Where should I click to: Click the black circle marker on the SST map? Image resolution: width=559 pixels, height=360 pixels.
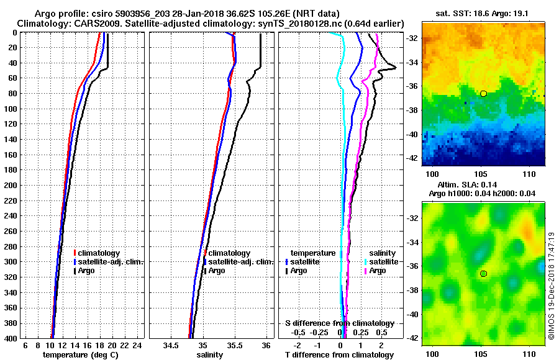click(483, 93)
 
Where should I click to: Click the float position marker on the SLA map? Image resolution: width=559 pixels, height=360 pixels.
click(483, 273)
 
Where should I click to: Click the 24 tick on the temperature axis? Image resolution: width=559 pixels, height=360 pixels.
click(138, 345)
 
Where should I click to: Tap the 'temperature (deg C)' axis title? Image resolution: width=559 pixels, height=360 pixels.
click(80, 355)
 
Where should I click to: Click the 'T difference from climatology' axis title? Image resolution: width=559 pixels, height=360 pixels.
click(339, 355)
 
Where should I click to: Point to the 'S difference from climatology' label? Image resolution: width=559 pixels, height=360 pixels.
click(339, 323)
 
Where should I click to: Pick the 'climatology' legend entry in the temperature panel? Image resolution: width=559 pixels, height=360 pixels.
click(98, 253)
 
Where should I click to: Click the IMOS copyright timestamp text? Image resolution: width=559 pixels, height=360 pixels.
click(551, 286)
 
